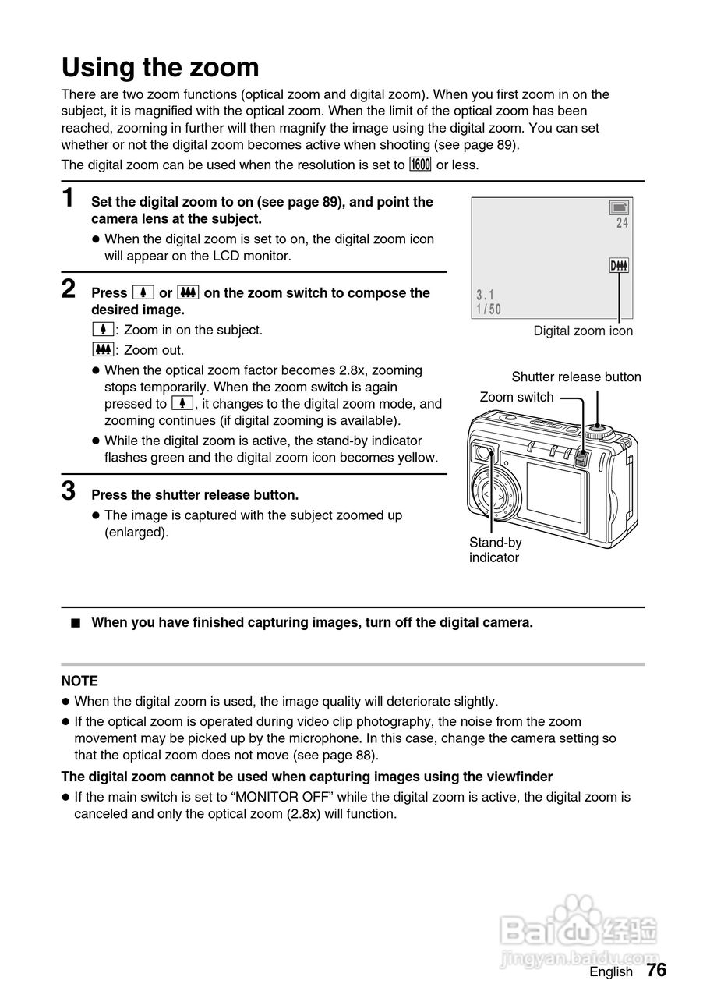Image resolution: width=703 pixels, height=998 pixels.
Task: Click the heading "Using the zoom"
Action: point(161,68)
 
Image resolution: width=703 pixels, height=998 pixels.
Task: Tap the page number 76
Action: point(656,970)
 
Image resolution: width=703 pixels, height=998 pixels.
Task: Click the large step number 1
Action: point(69,198)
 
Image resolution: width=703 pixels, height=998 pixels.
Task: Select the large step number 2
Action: point(69,289)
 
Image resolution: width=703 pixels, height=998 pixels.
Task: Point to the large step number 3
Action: point(69,491)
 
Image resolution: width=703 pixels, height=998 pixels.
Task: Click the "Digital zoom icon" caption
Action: point(583,331)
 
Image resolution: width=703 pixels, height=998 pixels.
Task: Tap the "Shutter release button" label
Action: point(576,377)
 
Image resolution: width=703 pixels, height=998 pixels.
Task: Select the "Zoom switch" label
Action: point(517,397)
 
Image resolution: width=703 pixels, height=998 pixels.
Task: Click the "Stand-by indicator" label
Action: point(495,550)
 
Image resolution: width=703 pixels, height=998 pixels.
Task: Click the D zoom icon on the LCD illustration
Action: point(619,267)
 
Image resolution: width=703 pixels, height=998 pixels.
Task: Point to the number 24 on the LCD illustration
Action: point(621,223)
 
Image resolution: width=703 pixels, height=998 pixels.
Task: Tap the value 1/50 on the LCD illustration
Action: point(489,310)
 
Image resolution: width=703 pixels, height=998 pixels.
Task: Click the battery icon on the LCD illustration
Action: point(620,207)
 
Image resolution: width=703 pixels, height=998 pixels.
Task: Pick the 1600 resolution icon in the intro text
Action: point(420,165)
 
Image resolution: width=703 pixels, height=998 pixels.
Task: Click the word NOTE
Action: point(79,681)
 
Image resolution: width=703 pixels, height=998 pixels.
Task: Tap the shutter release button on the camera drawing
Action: point(598,427)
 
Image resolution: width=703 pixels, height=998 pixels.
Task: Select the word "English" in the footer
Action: point(611,971)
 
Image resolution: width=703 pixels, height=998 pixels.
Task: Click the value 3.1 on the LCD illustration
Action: point(486,296)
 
